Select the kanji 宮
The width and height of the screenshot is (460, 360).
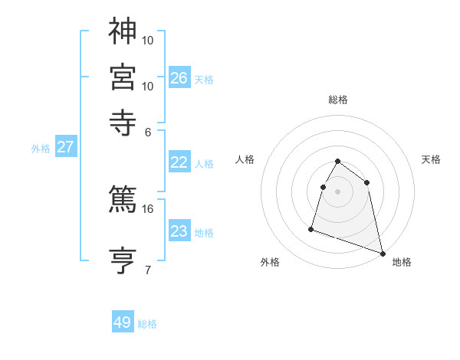[x=123, y=77]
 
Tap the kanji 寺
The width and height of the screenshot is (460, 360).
[x=123, y=123]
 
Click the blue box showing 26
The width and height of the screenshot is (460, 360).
[x=179, y=77]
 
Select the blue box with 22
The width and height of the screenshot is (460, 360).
[x=179, y=162]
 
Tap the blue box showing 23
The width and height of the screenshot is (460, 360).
[x=179, y=231]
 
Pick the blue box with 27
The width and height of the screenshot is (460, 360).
[x=65, y=147]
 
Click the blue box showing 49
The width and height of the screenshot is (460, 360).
[x=123, y=322]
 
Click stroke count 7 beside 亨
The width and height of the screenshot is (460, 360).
[x=148, y=270]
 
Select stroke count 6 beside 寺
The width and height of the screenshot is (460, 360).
[x=148, y=131]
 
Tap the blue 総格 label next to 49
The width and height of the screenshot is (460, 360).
[x=147, y=324]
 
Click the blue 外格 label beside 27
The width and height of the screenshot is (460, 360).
[x=41, y=149]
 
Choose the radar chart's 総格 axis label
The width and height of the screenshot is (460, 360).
[x=338, y=100]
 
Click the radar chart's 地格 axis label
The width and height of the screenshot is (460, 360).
[x=402, y=262]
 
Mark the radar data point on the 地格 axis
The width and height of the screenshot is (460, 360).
[x=383, y=253]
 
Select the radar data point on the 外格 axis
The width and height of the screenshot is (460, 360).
[x=311, y=228]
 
